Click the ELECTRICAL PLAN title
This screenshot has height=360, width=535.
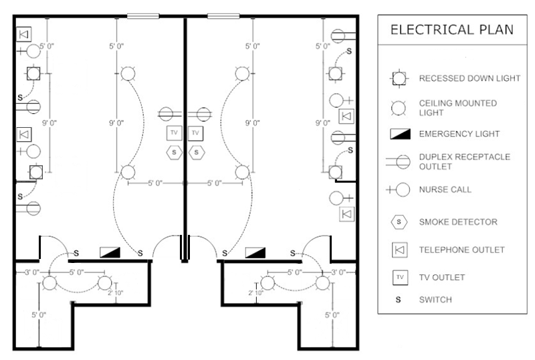(452, 29)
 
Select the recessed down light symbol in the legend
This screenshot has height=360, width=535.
(399, 78)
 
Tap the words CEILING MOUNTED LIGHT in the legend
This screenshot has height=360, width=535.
(457, 108)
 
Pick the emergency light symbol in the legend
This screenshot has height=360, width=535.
(399, 134)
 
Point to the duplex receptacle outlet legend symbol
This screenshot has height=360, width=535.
(399, 161)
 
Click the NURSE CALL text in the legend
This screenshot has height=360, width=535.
(445, 189)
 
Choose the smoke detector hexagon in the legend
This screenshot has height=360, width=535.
(399, 221)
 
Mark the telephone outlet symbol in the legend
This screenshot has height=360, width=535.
(399, 250)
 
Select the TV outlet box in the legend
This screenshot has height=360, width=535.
(399, 277)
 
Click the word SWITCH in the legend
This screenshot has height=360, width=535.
(435, 300)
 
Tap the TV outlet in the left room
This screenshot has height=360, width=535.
(174, 132)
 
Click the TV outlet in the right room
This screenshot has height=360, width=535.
(195, 132)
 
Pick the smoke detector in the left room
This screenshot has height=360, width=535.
(174, 152)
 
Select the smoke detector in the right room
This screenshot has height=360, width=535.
(196, 152)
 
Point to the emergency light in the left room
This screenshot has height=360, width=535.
(110, 252)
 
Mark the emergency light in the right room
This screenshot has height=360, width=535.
(255, 252)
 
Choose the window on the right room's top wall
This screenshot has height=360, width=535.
(223, 16)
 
